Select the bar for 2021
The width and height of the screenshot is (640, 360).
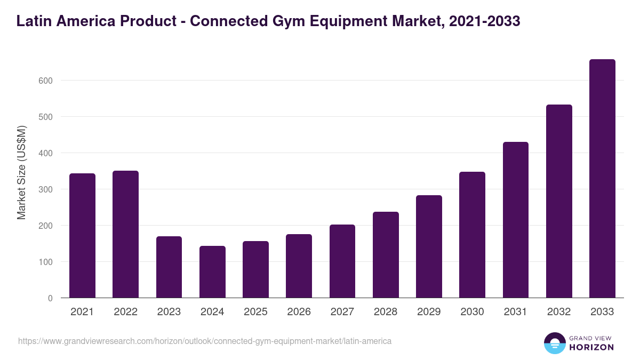(82, 236)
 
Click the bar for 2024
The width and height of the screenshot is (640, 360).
(212, 272)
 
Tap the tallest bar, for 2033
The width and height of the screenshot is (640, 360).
(602, 179)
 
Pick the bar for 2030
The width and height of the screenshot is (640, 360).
(472, 235)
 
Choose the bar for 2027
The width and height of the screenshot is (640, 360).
(342, 261)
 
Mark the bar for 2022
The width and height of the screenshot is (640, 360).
(125, 234)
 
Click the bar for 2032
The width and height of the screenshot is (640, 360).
(559, 201)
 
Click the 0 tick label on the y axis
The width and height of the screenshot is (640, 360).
(50, 298)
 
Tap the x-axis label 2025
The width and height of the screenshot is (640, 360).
(255, 312)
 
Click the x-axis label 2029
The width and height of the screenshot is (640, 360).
(429, 312)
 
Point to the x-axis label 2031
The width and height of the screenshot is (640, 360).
(515, 312)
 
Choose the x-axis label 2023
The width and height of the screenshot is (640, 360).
(169, 312)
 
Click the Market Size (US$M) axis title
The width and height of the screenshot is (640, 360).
(21, 172)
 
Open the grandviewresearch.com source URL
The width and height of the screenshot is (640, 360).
(205, 341)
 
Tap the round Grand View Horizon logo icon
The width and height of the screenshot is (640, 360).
(554, 343)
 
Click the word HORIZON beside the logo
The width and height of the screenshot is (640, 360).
(591, 347)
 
